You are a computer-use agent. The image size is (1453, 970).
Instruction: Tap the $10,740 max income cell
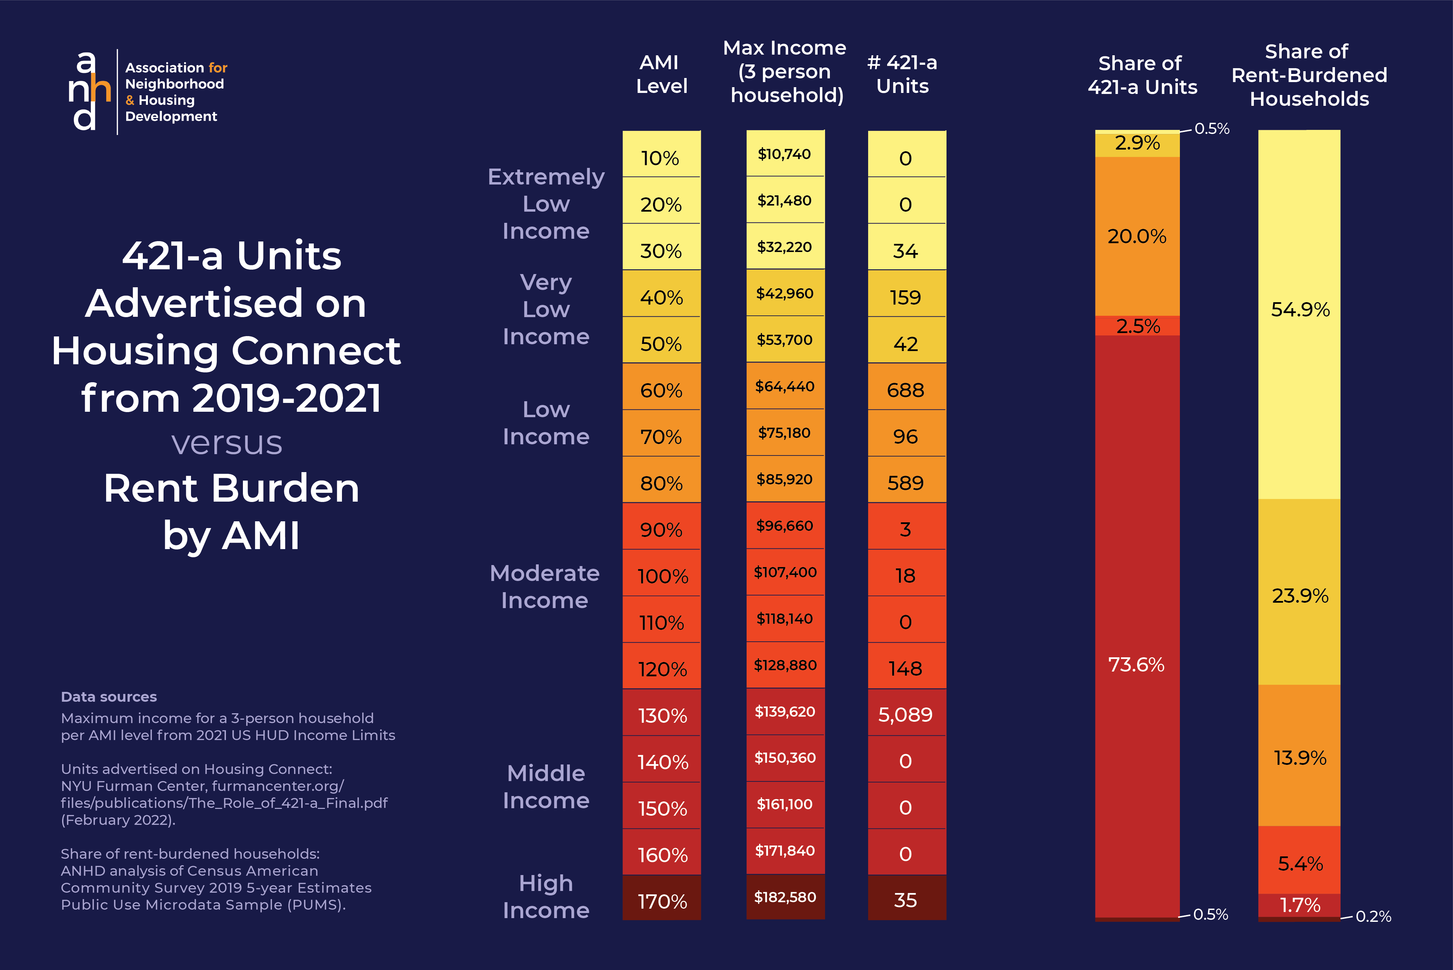tap(785, 154)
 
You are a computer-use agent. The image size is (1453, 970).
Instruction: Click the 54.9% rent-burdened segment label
tap(1300, 309)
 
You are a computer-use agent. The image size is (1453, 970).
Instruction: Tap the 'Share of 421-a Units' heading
tap(1142, 75)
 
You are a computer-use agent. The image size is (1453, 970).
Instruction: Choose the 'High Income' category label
tap(546, 896)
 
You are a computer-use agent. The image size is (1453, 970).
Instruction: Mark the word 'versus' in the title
tap(227, 443)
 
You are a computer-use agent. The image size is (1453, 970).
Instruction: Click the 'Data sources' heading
tap(109, 697)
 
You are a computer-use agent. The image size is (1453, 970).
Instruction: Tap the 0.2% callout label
tap(1373, 916)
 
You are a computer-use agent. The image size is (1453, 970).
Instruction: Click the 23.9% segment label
tap(1300, 596)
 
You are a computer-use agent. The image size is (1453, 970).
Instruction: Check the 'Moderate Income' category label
tap(544, 586)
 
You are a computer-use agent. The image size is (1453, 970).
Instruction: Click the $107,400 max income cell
tap(785, 572)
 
